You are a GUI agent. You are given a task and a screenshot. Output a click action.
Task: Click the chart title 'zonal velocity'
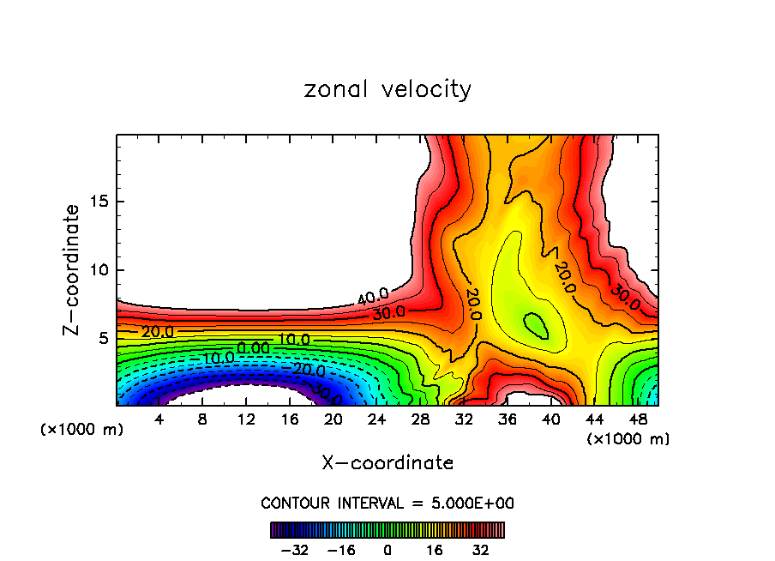click(387, 89)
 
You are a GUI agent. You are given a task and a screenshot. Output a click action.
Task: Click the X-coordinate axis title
click(387, 463)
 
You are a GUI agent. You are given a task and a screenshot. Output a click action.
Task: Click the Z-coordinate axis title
click(72, 269)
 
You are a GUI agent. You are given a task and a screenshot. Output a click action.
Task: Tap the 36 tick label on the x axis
click(507, 419)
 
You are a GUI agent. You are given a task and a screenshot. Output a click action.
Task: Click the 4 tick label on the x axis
click(159, 419)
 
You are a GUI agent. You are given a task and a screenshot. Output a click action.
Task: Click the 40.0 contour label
click(373, 298)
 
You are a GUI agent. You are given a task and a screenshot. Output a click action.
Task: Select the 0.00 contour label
click(254, 347)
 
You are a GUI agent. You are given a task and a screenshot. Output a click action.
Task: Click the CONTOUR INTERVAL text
click(387, 503)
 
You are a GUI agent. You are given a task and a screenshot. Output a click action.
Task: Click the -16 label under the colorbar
click(341, 549)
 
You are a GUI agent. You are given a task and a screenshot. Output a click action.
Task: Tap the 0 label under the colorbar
click(387, 549)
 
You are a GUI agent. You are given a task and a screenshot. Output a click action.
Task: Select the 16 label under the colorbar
click(435, 549)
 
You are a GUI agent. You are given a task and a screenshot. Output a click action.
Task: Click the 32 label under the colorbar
click(481, 549)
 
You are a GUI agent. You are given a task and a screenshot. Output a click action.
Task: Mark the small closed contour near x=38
click(537, 326)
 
